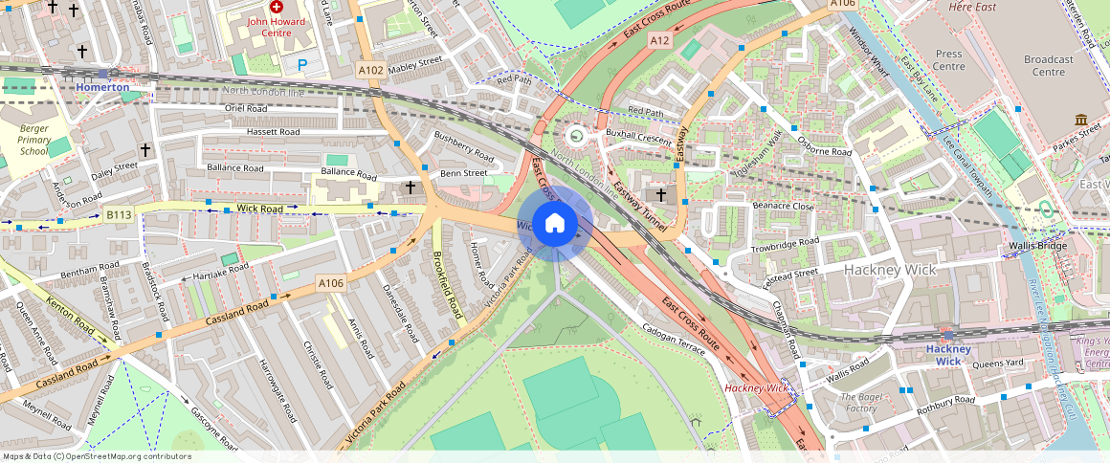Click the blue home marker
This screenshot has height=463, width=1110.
pyautogui.click(x=554, y=224)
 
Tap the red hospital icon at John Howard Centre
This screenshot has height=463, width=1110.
pyautogui.click(x=277, y=7)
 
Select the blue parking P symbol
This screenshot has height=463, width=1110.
pyautogui.click(x=303, y=65)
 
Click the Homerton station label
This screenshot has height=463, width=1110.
pyautogui.click(x=102, y=87)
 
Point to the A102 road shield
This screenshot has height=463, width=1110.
pyautogui.click(x=370, y=70)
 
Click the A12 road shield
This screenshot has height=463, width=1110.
pyautogui.click(x=659, y=40)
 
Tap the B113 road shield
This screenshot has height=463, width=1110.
pyautogui.click(x=119, y=215)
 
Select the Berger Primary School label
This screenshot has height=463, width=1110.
pyautogui.click(x=33, y=140)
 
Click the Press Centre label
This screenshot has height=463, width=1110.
pyautogui.click(x=948, y=60)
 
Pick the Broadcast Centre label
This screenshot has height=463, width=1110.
pyautogui.click(x=1049, y=65)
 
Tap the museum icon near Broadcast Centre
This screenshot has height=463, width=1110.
pyautogui.click(x=1081, y=120)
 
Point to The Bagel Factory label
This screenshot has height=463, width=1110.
pyautogui.click(x=858, y=403)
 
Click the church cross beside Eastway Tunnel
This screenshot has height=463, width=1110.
pyautogui.click(x=661, y=194)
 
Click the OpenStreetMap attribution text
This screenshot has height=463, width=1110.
pyautogui.click(x=97, y=456)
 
